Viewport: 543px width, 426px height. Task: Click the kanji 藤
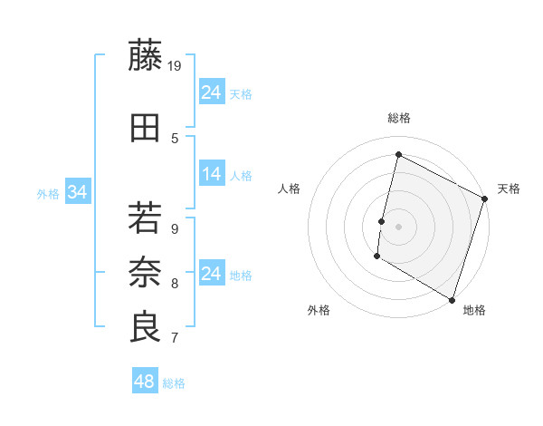tap(145, 56)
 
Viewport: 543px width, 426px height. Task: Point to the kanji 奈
tap(145, 272)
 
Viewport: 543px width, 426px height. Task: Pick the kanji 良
tap(145, 326)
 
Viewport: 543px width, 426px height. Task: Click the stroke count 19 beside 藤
tap(176, 65)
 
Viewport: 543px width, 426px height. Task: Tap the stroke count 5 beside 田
tap(175, 138)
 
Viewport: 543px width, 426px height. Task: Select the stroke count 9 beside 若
tap(175, 228)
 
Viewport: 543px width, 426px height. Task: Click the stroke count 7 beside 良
tap(175, 338)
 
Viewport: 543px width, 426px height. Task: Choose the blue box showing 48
tap(145, 382)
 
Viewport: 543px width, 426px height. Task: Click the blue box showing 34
tap(78, 192)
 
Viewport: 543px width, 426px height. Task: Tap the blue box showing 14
tap(212, 174)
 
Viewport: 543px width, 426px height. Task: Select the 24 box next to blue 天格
tap(212, 92)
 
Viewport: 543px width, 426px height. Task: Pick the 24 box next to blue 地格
tap(212, 274)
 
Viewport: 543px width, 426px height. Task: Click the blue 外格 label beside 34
tap(48, 193)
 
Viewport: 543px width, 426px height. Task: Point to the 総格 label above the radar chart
tap(398, 118)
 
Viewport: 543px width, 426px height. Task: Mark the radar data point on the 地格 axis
tap(452, 299)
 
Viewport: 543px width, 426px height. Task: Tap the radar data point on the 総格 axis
tap(398, 155)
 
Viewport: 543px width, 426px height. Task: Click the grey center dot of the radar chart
tap(398, 227)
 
